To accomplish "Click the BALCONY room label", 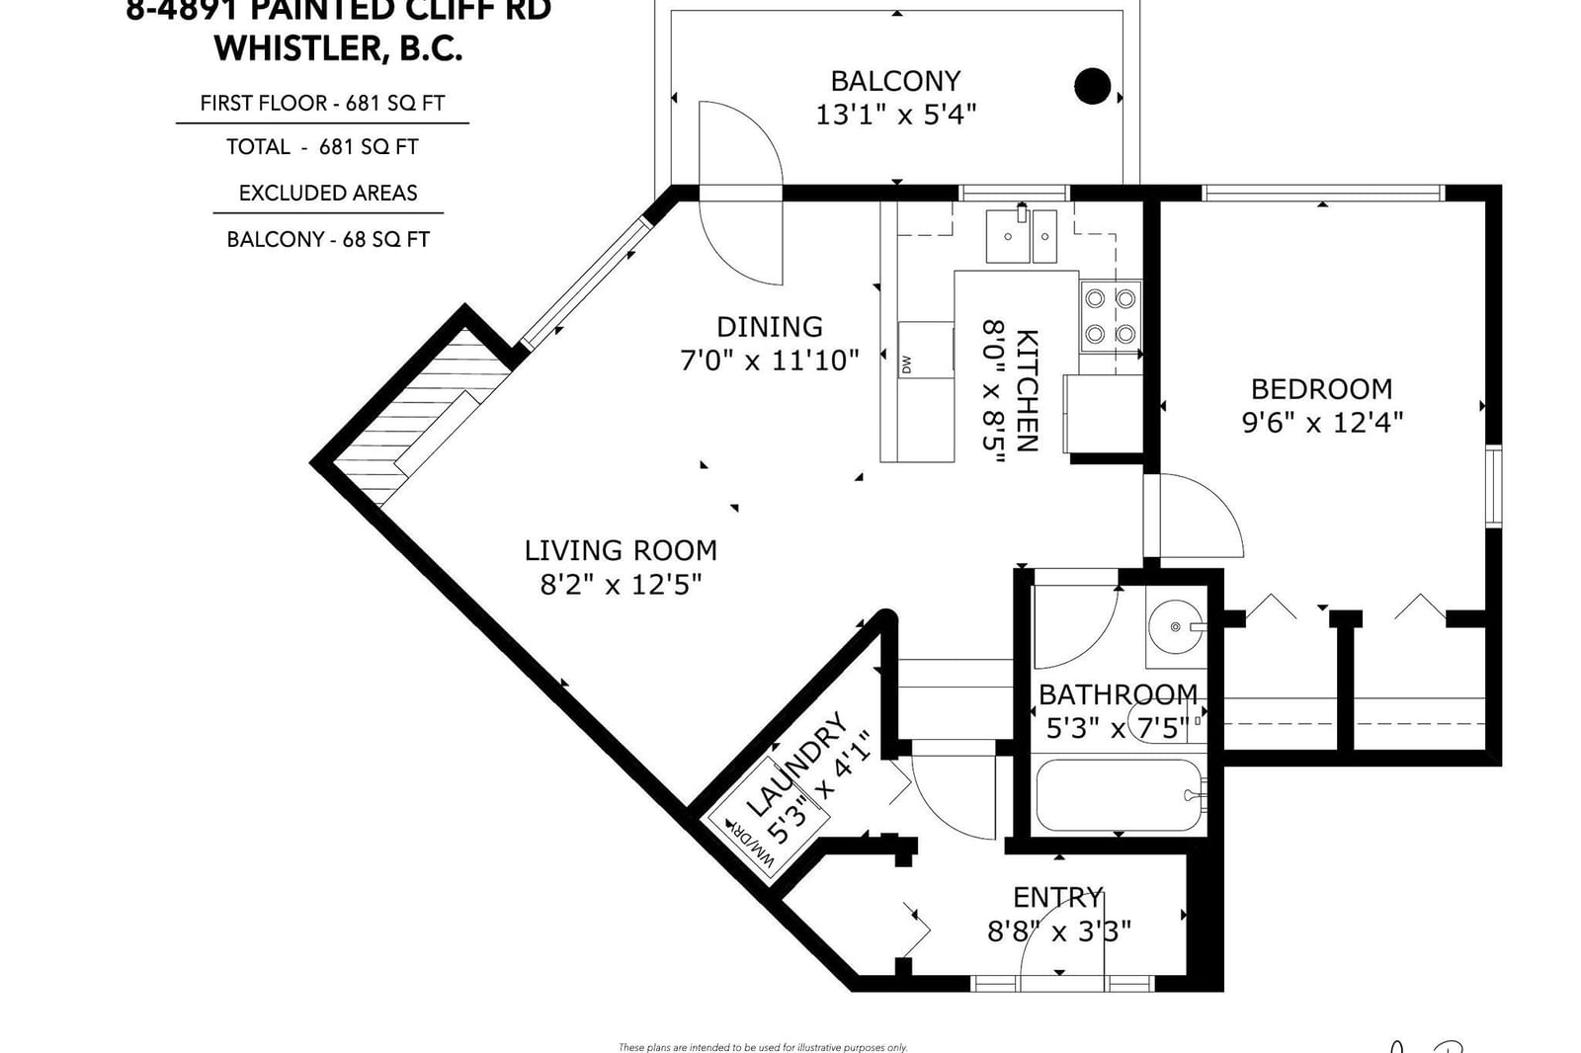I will coord(895,81).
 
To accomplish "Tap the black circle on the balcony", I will coord(1092,87).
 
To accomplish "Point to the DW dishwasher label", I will coord(906,364).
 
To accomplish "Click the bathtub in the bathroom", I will coord(1119,795).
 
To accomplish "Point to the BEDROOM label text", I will coord(1321,389).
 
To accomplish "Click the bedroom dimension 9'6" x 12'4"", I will coord(1321,423).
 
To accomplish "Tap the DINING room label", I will coord(769,327).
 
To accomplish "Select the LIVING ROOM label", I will coord(621,550).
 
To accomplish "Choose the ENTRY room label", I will coord(1057,897).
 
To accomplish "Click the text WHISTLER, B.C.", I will coord(338,48).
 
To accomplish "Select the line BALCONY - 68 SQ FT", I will coord(328,239).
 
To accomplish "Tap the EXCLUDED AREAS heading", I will coord(328,193).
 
